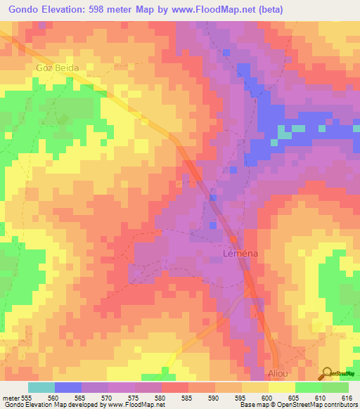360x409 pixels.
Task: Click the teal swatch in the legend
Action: pyautogui.click(x=41, y=387)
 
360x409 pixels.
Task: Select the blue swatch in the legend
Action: pyautogui.click(x=67, y=387)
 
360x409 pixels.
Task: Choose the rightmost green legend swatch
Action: pyautogui.click(x=335, y=387)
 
